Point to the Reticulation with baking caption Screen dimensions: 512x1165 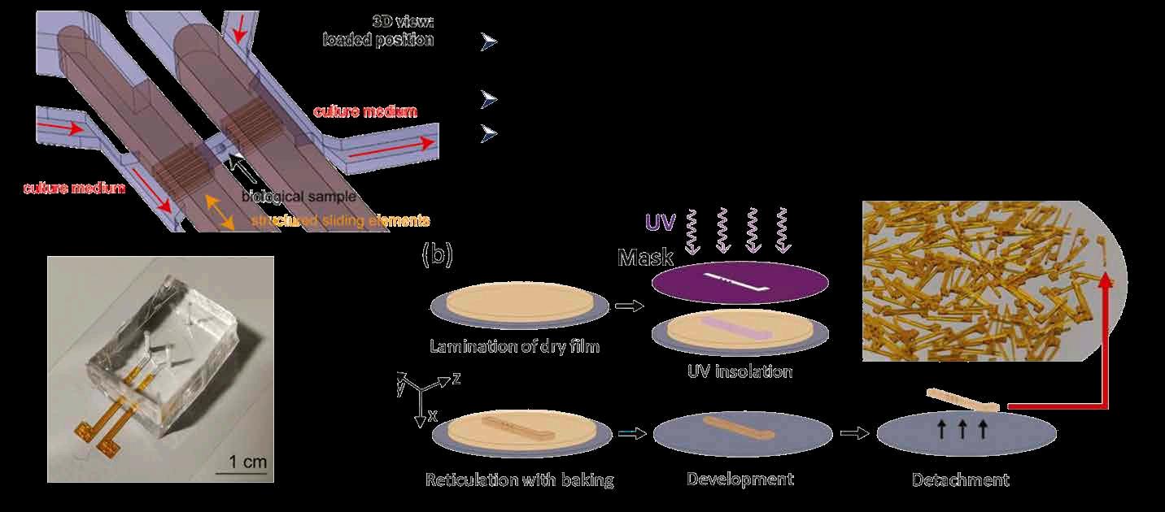pos(519,479)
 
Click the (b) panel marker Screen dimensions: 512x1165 pos(437,254)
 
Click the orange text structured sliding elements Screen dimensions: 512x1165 pos(340,220)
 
